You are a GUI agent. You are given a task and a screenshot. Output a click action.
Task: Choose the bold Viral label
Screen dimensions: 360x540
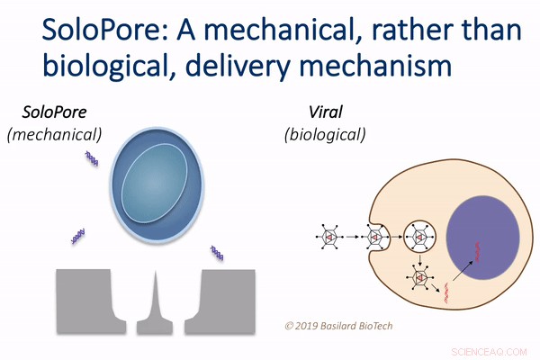pyautogui.click(x=323, y=114)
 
